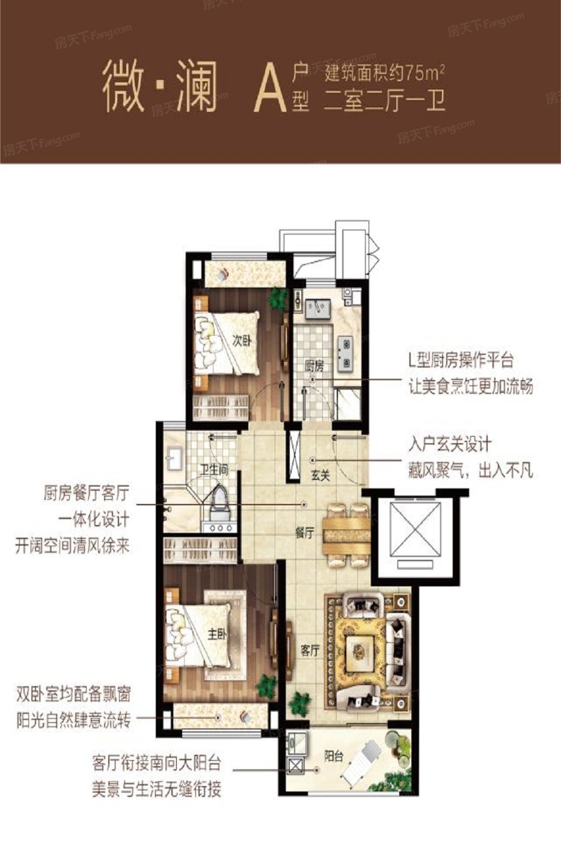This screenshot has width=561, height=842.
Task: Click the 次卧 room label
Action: (x=242, y=341)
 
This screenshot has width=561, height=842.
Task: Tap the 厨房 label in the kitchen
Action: (x=314, y=366)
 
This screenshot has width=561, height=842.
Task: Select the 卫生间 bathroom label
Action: (x=213, y=469)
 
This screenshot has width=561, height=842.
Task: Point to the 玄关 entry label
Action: (x=320, y=476)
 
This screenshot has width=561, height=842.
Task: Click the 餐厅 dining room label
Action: (x=304, y=533)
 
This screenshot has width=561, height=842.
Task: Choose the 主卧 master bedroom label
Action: (x=217, y=635)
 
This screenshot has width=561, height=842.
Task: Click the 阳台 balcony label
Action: (x=334, y=756)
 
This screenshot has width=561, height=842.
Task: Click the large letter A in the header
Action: (x=268, y=91)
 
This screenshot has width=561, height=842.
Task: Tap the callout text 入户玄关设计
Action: (x=450, y=444)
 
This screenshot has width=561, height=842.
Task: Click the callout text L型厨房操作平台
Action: (x=461, y=360)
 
